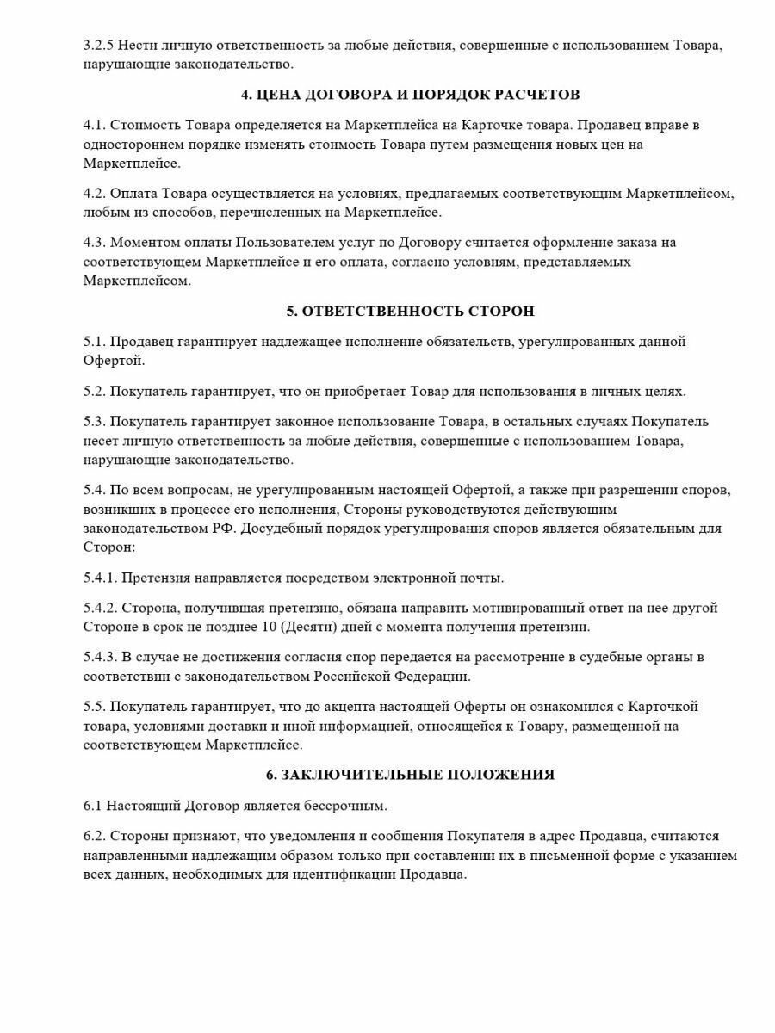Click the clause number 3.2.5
[99, 46]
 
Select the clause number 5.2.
[93, 391]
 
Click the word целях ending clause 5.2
[664, 391]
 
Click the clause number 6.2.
[93, 837]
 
